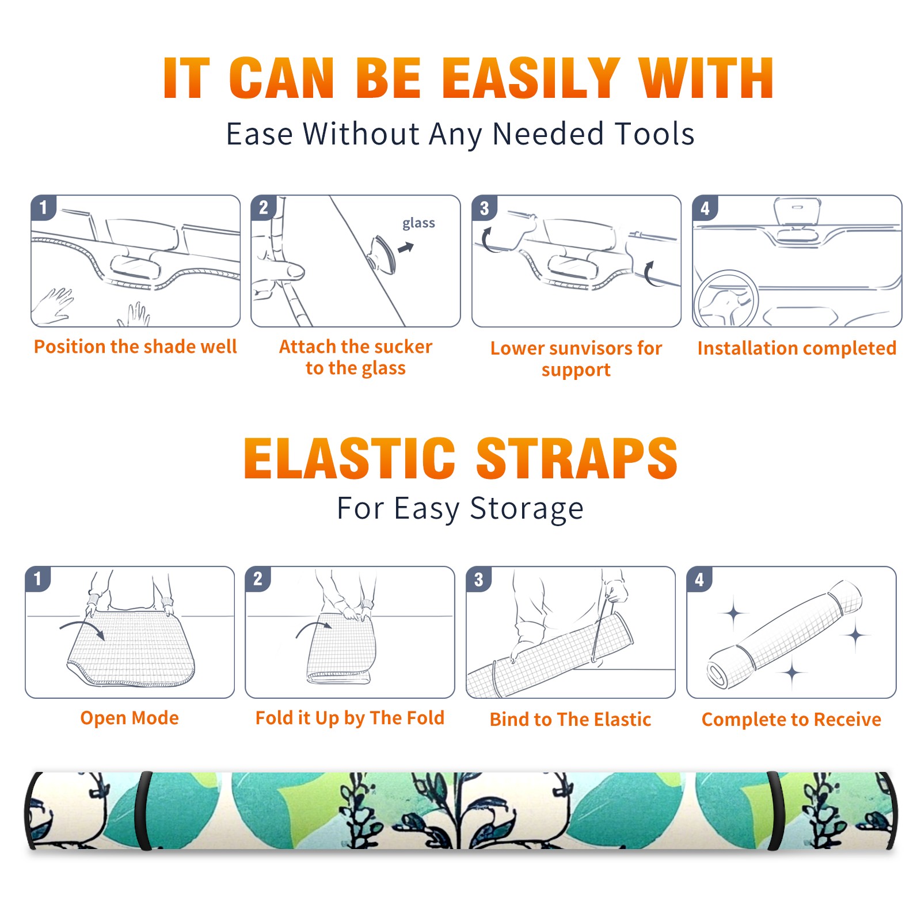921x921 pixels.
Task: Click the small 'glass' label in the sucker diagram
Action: (x=418, y=223)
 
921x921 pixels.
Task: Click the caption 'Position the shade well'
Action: (x=135, y=347)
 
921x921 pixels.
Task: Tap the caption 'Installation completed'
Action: (x=797, y=348)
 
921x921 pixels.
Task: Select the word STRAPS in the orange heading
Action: (x=577, y=458)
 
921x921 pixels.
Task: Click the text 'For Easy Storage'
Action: (x=461, y=509)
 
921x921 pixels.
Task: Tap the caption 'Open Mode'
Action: (x=130, y=718)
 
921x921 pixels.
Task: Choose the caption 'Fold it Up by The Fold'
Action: (x=350, y=718)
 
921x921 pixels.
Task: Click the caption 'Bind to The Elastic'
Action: (x=570, y=720)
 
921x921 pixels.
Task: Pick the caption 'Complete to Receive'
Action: (x=791, y=720)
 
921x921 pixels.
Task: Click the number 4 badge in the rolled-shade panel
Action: (x=699, y=579)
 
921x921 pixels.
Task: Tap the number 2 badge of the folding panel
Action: (x=258, y=579)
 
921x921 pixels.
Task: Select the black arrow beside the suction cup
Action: (x=406, y=248)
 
